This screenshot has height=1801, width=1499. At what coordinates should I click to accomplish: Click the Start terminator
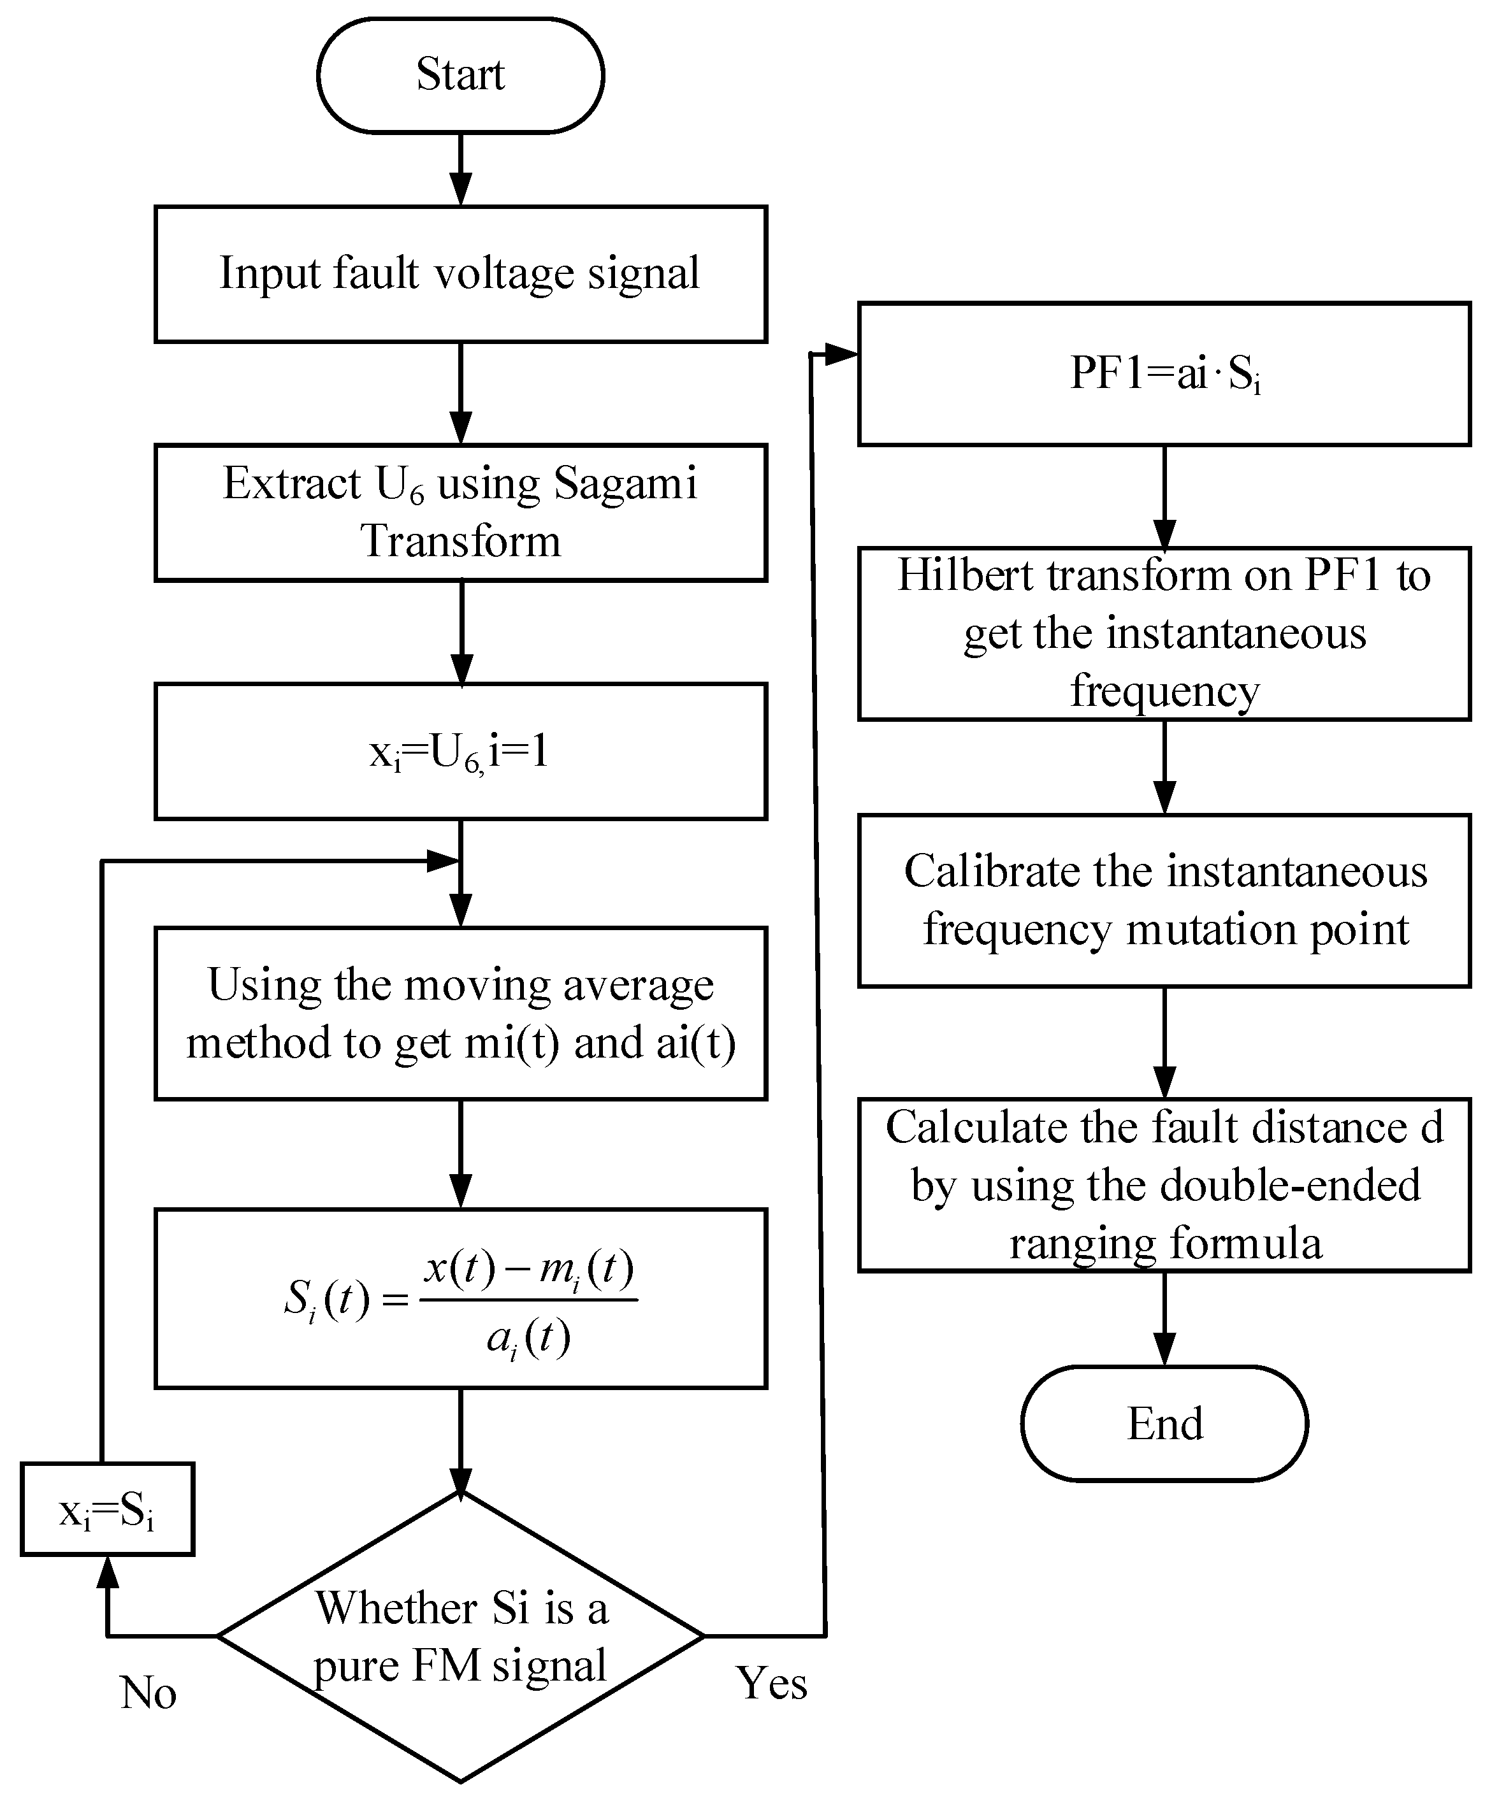[x=460, y=75]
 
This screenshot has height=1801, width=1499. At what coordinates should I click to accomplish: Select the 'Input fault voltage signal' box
[x=460, y=273]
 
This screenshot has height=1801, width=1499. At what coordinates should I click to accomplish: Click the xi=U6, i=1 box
[x=460, y=751]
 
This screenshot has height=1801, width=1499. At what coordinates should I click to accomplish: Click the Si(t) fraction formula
[x=460, y=1298]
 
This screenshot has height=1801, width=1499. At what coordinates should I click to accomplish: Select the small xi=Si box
[x=107, y=1509]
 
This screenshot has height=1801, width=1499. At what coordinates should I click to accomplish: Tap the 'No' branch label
[x=148, y=1692]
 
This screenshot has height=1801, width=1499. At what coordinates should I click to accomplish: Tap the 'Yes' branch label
[x=771, y=1682]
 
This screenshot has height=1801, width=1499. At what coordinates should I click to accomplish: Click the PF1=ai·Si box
[x=1164, y=374]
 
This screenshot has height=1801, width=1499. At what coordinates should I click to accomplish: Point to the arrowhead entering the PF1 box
[x=841, y=354]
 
